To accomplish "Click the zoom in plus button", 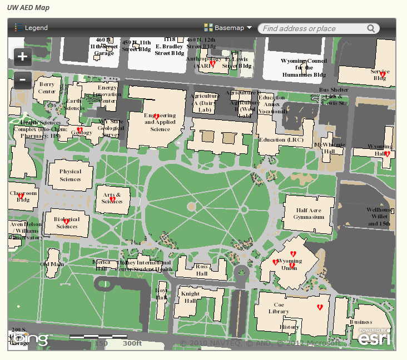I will pyautogui.click(x=23, y=56).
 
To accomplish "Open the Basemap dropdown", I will pyautogui.click(x=228, y=28).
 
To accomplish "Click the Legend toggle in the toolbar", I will pyautogui.click(x=32, y=28).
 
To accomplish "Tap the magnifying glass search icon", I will pyautogui.click(x=371, y=28).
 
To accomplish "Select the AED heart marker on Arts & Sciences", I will pyautogui.click(x=112, y=199).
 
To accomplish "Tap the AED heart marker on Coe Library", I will pyautogui.click(x=320, y=307).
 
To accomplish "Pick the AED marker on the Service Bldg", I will pyautogui.click(x=383, y=74).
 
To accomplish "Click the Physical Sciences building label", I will pyautogui.click(x=70, y=176).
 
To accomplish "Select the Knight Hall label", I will pyautogui.click(x=191, y=297).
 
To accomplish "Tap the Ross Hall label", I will pyautogui.click(x=201, y=270).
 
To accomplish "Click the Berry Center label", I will pyautogui.click(x=47, y=88).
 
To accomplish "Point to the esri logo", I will pyautogui.click(x=374, y=337).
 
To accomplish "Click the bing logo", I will pyautogui.click(x=31, y=338).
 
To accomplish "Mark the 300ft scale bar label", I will pyautogui.click(x=132, y=343).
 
